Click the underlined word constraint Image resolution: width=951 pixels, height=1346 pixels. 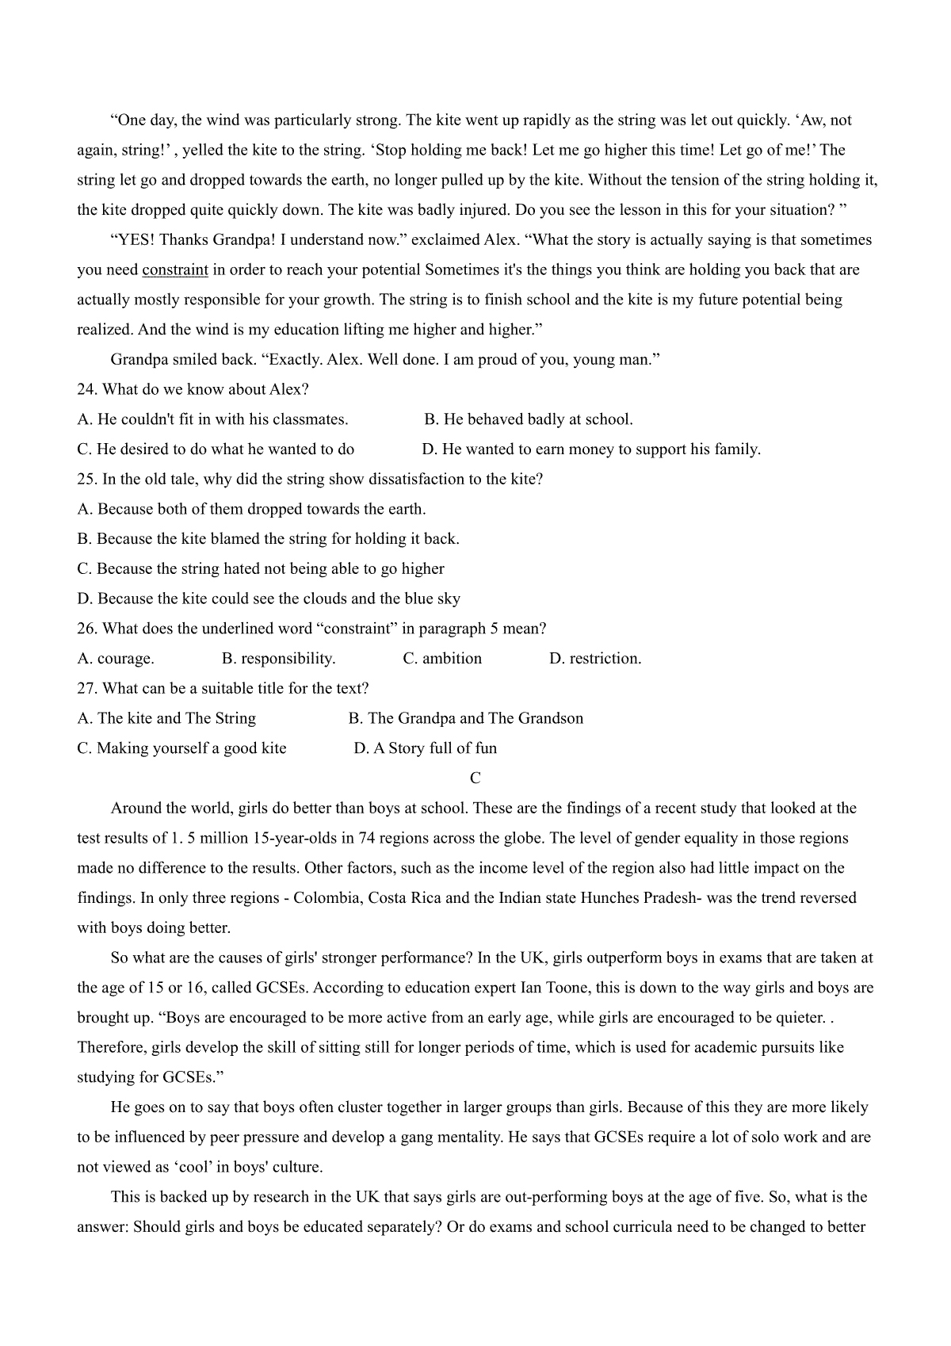[x=175, y=270]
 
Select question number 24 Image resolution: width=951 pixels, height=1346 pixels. [x=86, y=390]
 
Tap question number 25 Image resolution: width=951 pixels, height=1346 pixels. [x=86, y=480]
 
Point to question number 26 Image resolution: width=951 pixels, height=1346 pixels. [x=86, y=629]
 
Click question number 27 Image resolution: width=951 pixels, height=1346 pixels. [x=86, y=689]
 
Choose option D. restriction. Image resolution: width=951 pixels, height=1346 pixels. [x=595, y=659]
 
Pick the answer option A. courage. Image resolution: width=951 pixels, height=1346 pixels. [x=116, y=659]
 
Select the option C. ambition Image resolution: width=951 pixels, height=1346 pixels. [x=442, y=659]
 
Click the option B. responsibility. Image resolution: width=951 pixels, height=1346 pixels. [x=279, y=659]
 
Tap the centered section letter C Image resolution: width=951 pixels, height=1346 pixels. [x=475, y=778]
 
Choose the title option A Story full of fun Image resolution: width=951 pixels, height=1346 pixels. [x=426, y=748]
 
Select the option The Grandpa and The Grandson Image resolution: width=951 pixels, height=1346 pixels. [x=466, y=719]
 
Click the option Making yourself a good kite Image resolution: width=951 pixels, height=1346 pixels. [x=181, y=748]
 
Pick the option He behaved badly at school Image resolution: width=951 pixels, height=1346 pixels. [x=529, y=419]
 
